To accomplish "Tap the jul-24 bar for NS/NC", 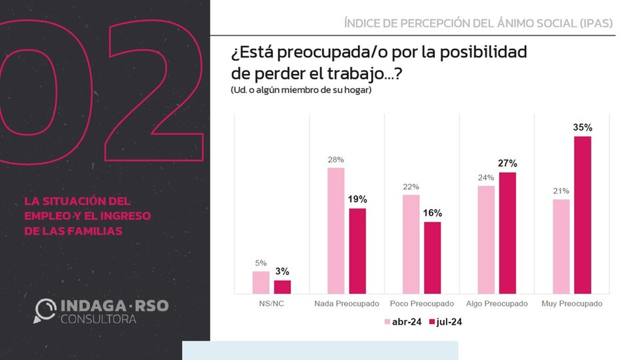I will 282,287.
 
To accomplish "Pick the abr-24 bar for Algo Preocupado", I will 486,239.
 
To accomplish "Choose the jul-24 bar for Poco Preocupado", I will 433,258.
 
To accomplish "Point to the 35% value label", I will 583,128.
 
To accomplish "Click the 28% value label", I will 336,159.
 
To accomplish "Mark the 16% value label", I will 433,213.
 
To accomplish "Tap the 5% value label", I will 261,262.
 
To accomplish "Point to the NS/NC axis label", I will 271,303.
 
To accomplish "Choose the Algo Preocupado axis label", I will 497,303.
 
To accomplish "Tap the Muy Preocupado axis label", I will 572,303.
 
